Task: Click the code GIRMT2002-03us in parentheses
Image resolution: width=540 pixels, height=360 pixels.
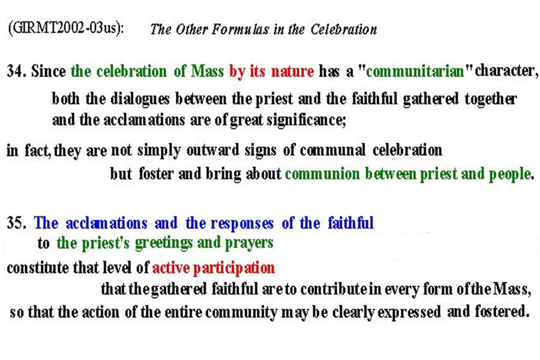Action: pos(65,28)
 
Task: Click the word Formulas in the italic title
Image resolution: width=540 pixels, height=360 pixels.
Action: pos(240,29)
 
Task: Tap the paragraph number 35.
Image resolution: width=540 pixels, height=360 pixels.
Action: pos(16,223)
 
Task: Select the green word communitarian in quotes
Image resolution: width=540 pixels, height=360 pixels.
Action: pos(415,71)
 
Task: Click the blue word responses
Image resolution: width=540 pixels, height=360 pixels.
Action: pos(242,223)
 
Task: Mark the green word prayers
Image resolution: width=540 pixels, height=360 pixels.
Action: pos(248,244)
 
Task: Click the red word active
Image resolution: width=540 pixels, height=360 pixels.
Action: pos(171,268)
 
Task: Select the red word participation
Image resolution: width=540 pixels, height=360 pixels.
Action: pos(234,268)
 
